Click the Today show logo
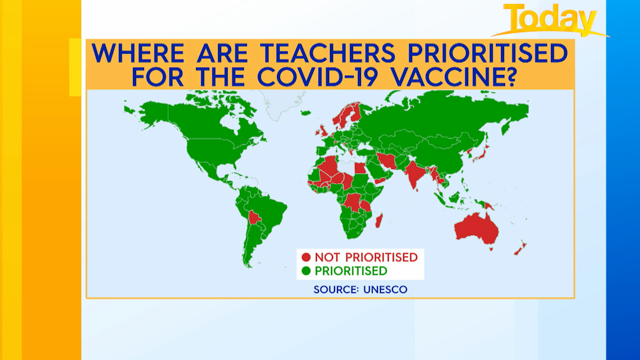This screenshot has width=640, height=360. coord(550,20)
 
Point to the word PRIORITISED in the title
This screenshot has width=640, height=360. coord(487,53)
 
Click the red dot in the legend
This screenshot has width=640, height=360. coord(306,257)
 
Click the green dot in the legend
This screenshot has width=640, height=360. coord(306,270)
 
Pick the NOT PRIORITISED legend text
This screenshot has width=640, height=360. coord(366,257)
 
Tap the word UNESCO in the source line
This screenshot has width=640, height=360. coord(385,289)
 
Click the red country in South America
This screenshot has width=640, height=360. coord(254,217)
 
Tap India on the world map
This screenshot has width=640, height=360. coord(413,174)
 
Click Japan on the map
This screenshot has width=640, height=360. coord(482,153)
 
